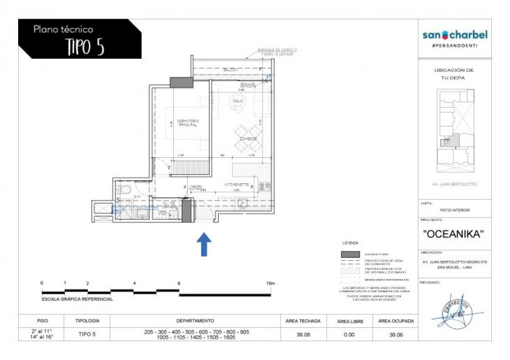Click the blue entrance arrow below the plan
pyautogui.click(x=203, y=244)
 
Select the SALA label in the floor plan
pyautogui.click(x=238, y=101)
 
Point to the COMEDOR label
pyautogui.click(x=249, y=139)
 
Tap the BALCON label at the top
pyautogui.click(x=231, y=71)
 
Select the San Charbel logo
pyautogui.click(x=455, y=35)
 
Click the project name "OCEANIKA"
pyautogui.click(x=454, y=234)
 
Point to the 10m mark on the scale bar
pyautogui.click(x=270, y=283)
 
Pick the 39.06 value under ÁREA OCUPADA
pyautogui.click(x=395, y=335)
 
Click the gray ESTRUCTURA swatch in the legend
pyautogui.click(x=350, y=254)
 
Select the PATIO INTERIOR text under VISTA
pyautogui.click(x=454, y=210)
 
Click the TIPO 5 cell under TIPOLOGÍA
pyautogui.click(x=87, y=335)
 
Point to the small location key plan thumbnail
pyautogui.click(x=454, y=133)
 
